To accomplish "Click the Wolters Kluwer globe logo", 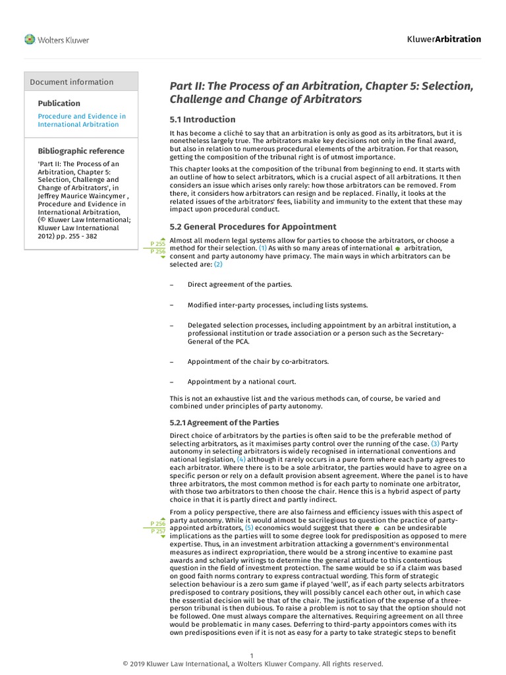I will click(30, 40).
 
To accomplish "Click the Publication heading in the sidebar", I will click(59, 103).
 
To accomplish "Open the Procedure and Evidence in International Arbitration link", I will click(81, 120).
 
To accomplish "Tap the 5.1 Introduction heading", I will click(202, 119).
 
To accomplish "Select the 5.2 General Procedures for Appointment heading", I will click(253, 227).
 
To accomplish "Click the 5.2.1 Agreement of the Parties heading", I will click(224, 423).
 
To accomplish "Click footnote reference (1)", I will click(262, 248).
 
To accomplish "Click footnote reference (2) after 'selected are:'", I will click(217, 264).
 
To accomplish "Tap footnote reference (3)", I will click(435, 444).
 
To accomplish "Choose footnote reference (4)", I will click(241, 459).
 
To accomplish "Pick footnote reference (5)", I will click(249, 528).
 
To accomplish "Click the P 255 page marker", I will click(158, 244).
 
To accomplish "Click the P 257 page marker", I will click(158, 531).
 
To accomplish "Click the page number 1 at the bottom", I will click(252, 655).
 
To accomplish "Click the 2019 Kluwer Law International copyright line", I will click(253, 664).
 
